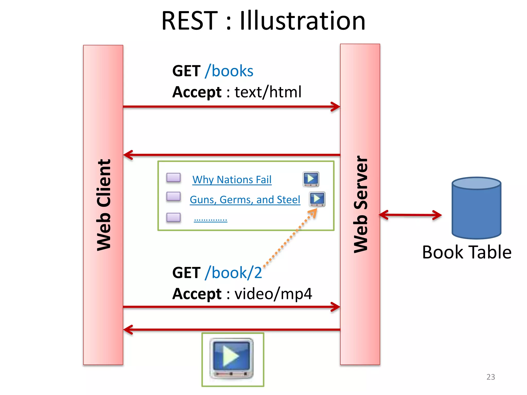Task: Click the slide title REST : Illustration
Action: tap(263, 21)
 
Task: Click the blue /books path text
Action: tap(229, 71)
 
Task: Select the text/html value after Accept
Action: tap(268, 92)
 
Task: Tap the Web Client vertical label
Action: tap(103, 205)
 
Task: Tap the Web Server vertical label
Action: tap(360, 204)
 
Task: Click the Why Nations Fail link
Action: tap(232, 179)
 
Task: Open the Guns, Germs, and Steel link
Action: tap(245, 200)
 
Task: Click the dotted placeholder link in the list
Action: tap(210, 220)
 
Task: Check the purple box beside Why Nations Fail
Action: tap(173, 178)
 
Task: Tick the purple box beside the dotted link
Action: tap(173, 218)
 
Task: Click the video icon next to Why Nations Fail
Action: tap(311, 179)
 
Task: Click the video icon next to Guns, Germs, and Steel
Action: tap(317, 199)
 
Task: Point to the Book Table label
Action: tap(467, 252)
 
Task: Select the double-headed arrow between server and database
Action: tap(410, 215)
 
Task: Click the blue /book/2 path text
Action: tap(233, 273)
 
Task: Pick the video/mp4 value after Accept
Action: tap(273, 294)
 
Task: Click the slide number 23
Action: tap(490, 377)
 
